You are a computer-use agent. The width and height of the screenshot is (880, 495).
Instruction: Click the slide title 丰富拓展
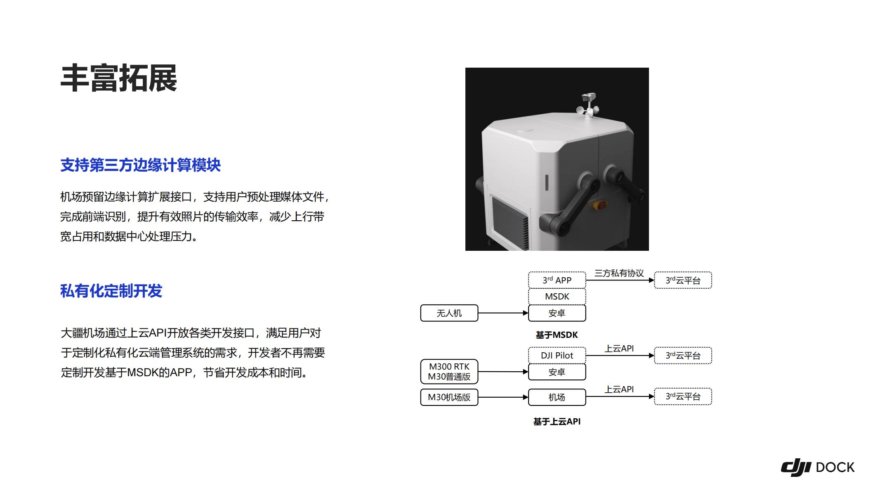(119, 78)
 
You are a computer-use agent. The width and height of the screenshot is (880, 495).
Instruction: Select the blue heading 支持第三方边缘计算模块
(140, 165)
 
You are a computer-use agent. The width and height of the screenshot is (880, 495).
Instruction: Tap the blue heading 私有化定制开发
(111, 291)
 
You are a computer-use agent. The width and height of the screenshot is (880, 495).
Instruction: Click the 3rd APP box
(557, 280)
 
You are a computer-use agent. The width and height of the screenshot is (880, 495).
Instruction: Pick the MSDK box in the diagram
(557, 297)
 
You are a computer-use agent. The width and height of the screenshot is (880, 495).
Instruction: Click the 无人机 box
(449, 313)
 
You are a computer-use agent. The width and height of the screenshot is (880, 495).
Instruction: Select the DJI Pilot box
(557, 355)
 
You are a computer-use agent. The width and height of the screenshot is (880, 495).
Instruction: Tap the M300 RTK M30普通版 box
(449, 372)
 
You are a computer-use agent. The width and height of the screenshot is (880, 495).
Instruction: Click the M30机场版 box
(449, 397)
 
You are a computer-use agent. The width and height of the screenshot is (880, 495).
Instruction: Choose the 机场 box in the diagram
(557, 397)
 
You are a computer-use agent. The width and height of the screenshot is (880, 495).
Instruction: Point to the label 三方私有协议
(619, 273)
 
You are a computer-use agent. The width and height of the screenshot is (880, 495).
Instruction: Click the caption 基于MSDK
(557, 335)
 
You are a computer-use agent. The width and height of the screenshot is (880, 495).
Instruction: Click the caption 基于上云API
(557, 422)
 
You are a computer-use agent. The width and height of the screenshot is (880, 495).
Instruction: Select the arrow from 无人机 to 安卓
(503, 313)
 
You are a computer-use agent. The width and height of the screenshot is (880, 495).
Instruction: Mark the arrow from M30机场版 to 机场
(503, 397)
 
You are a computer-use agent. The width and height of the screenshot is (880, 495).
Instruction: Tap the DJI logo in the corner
(796, 467)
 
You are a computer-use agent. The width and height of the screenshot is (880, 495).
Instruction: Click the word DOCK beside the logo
(835, 467)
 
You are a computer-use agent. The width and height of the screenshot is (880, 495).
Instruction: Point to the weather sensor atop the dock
(587, 105)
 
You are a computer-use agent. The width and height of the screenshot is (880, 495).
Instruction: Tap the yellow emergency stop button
(600, 205)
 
